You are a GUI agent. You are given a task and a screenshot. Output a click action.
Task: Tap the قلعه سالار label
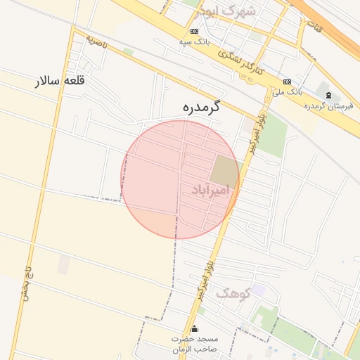tap(60, 81)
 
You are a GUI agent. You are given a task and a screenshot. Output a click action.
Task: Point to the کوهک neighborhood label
tap(233, 292)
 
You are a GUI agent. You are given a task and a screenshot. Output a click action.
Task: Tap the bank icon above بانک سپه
tap(194, 32)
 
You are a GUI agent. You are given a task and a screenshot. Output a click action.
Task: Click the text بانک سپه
tap(193, 42)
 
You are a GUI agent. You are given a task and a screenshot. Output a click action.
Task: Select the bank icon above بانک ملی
tap(287, 81)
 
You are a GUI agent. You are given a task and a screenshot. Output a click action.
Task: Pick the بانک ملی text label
tap(287, 91)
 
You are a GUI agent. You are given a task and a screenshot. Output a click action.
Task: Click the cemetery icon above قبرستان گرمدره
tap(328, 94)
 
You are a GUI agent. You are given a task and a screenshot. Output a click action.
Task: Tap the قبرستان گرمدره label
tap(328, 105)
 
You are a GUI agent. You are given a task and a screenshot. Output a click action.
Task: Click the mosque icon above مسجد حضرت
tap(195, 328)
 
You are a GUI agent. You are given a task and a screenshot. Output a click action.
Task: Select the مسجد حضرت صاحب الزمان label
tap(195, 343)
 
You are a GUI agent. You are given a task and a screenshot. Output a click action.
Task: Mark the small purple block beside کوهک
tap(259, 290)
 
